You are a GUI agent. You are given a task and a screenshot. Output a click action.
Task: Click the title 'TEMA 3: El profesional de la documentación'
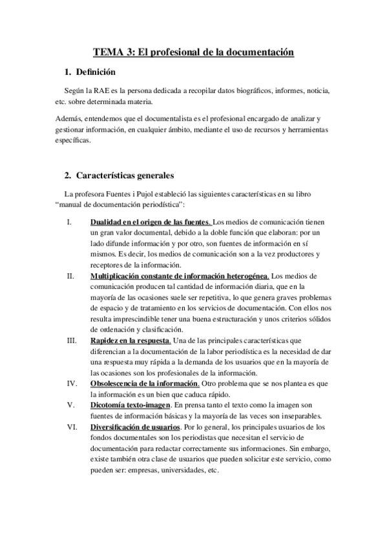click(193, 50)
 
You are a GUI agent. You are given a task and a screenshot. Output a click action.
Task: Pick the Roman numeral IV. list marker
click(72, 383)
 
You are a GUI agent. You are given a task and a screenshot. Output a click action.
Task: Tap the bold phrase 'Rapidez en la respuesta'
click(130, 340)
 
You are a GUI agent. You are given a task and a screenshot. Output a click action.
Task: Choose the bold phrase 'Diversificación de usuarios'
click(136, 427)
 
